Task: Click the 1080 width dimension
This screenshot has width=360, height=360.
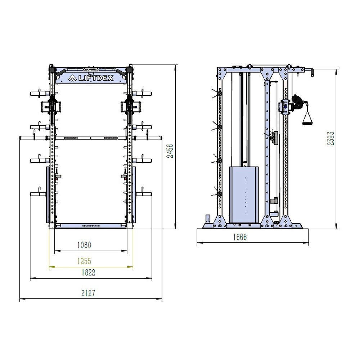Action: [x=84, y=245]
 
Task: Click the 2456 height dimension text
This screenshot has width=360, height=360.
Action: [x=171, y=151]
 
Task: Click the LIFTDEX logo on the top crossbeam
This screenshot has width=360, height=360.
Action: [x=90, y=77]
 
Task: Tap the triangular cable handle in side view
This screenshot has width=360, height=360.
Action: [x=307, y=119]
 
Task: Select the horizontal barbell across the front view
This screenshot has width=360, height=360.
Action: [x=90, y=138]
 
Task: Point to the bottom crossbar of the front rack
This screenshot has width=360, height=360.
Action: [x=90, y=226]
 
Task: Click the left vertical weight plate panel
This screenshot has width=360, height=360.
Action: [x=48, y=194]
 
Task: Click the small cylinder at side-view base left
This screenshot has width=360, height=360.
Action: [x=207, y=219]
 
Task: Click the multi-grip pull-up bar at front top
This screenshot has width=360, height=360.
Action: [x=90, y=68]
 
